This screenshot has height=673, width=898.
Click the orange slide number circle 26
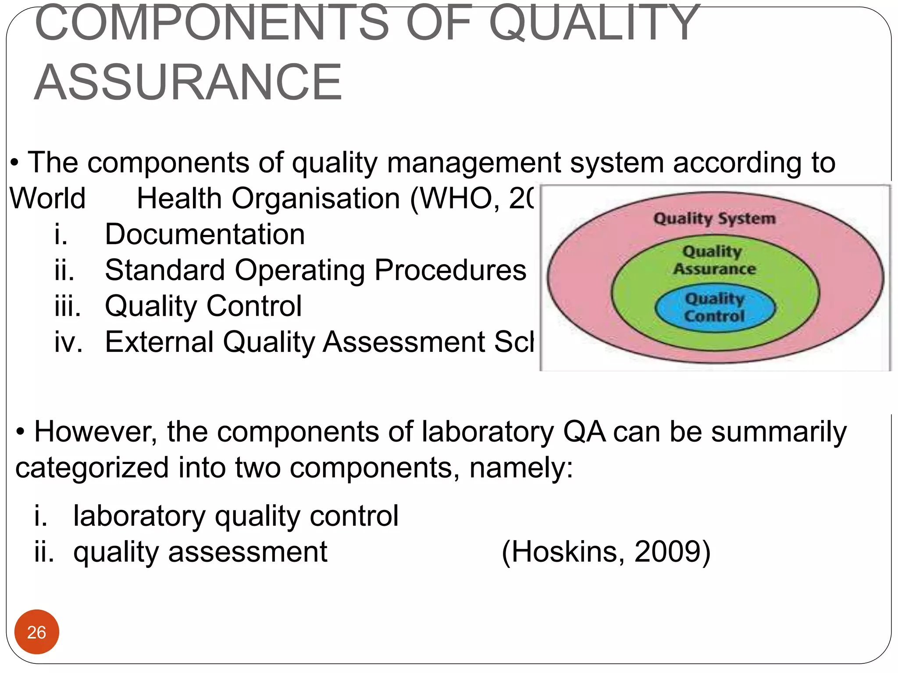pos(36,632)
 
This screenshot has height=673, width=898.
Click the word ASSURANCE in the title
pos(188,82)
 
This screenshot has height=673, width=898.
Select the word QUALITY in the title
pos(594,23)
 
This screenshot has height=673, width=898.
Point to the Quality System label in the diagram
pos(714,218)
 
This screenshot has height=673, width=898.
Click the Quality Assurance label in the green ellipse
pos(714,260)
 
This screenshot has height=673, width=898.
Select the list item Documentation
pos(204,234)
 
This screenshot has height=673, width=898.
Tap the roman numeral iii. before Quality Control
pos(68,306)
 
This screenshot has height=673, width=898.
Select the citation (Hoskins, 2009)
pos(606,552)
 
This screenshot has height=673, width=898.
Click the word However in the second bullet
pos(95,432)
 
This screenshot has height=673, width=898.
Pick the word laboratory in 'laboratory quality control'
pos(139,516)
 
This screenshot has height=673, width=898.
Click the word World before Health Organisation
pos(47,198)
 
